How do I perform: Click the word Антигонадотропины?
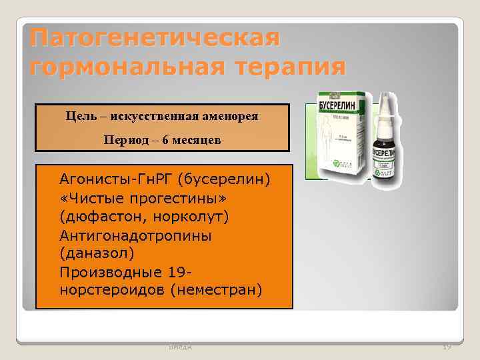(x=135, y=235)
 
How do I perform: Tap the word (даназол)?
(x=97, y=254)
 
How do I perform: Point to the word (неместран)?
(x=216, y=291)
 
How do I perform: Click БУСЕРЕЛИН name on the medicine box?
(x=340, y=106)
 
